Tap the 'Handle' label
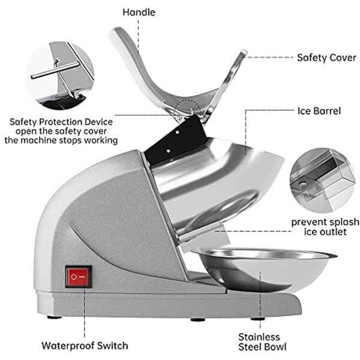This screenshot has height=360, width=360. tap(139, 11)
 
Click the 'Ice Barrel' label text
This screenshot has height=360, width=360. tap(320, 110)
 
